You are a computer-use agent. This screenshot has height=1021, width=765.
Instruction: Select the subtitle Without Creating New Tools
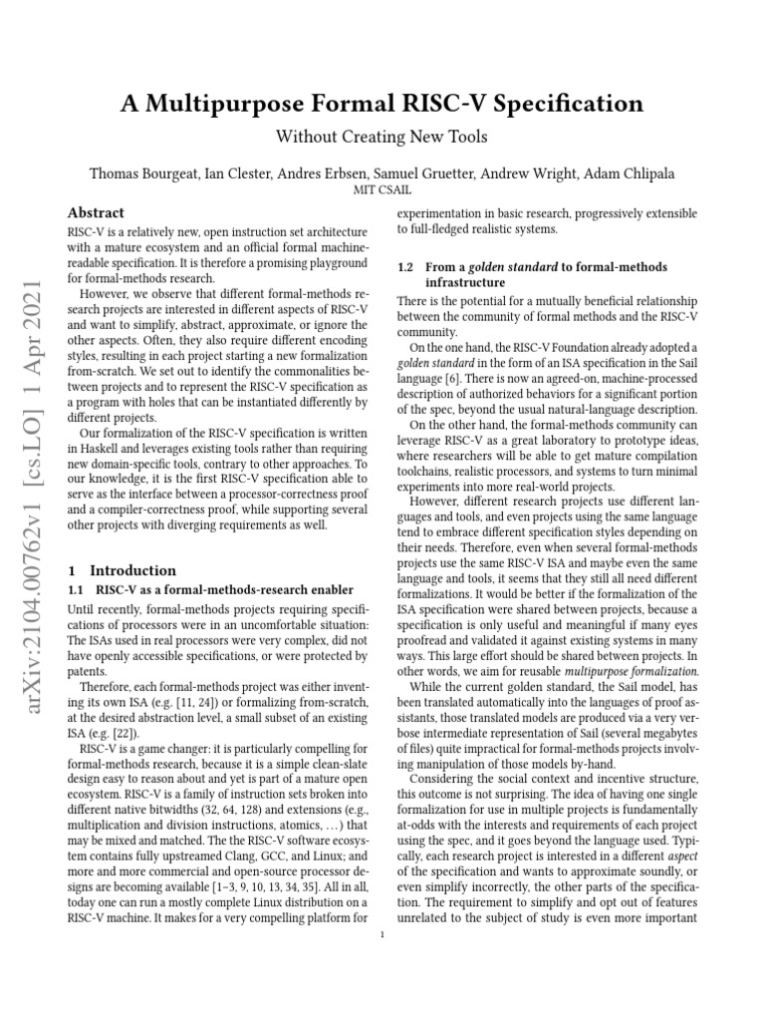click(382, 136)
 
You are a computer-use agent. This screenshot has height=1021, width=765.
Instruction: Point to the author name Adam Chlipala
click(629, 173)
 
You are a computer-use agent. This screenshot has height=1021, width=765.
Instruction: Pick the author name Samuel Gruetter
click(443, 173)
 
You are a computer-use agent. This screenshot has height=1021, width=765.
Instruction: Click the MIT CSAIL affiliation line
click(382, 189)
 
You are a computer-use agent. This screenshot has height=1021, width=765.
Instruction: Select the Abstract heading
click(96, 212)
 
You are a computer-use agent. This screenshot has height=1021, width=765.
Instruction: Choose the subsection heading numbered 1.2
click(532, 275)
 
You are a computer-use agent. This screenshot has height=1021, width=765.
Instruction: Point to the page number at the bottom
click(382, 934)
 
